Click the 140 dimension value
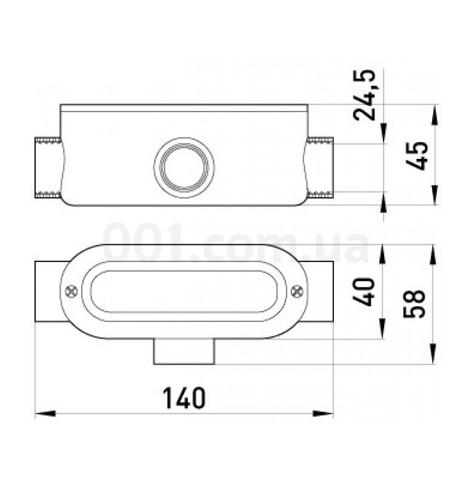[184, 398]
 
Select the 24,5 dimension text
[365, 95]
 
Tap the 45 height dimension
[417, 156]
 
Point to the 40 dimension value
[363, 292]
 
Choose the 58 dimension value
[414, 304]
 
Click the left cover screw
[71, 291]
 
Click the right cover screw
[297, 291]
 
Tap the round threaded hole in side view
[184, 167]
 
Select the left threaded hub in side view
[48, 168]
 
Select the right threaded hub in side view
[321, 168]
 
